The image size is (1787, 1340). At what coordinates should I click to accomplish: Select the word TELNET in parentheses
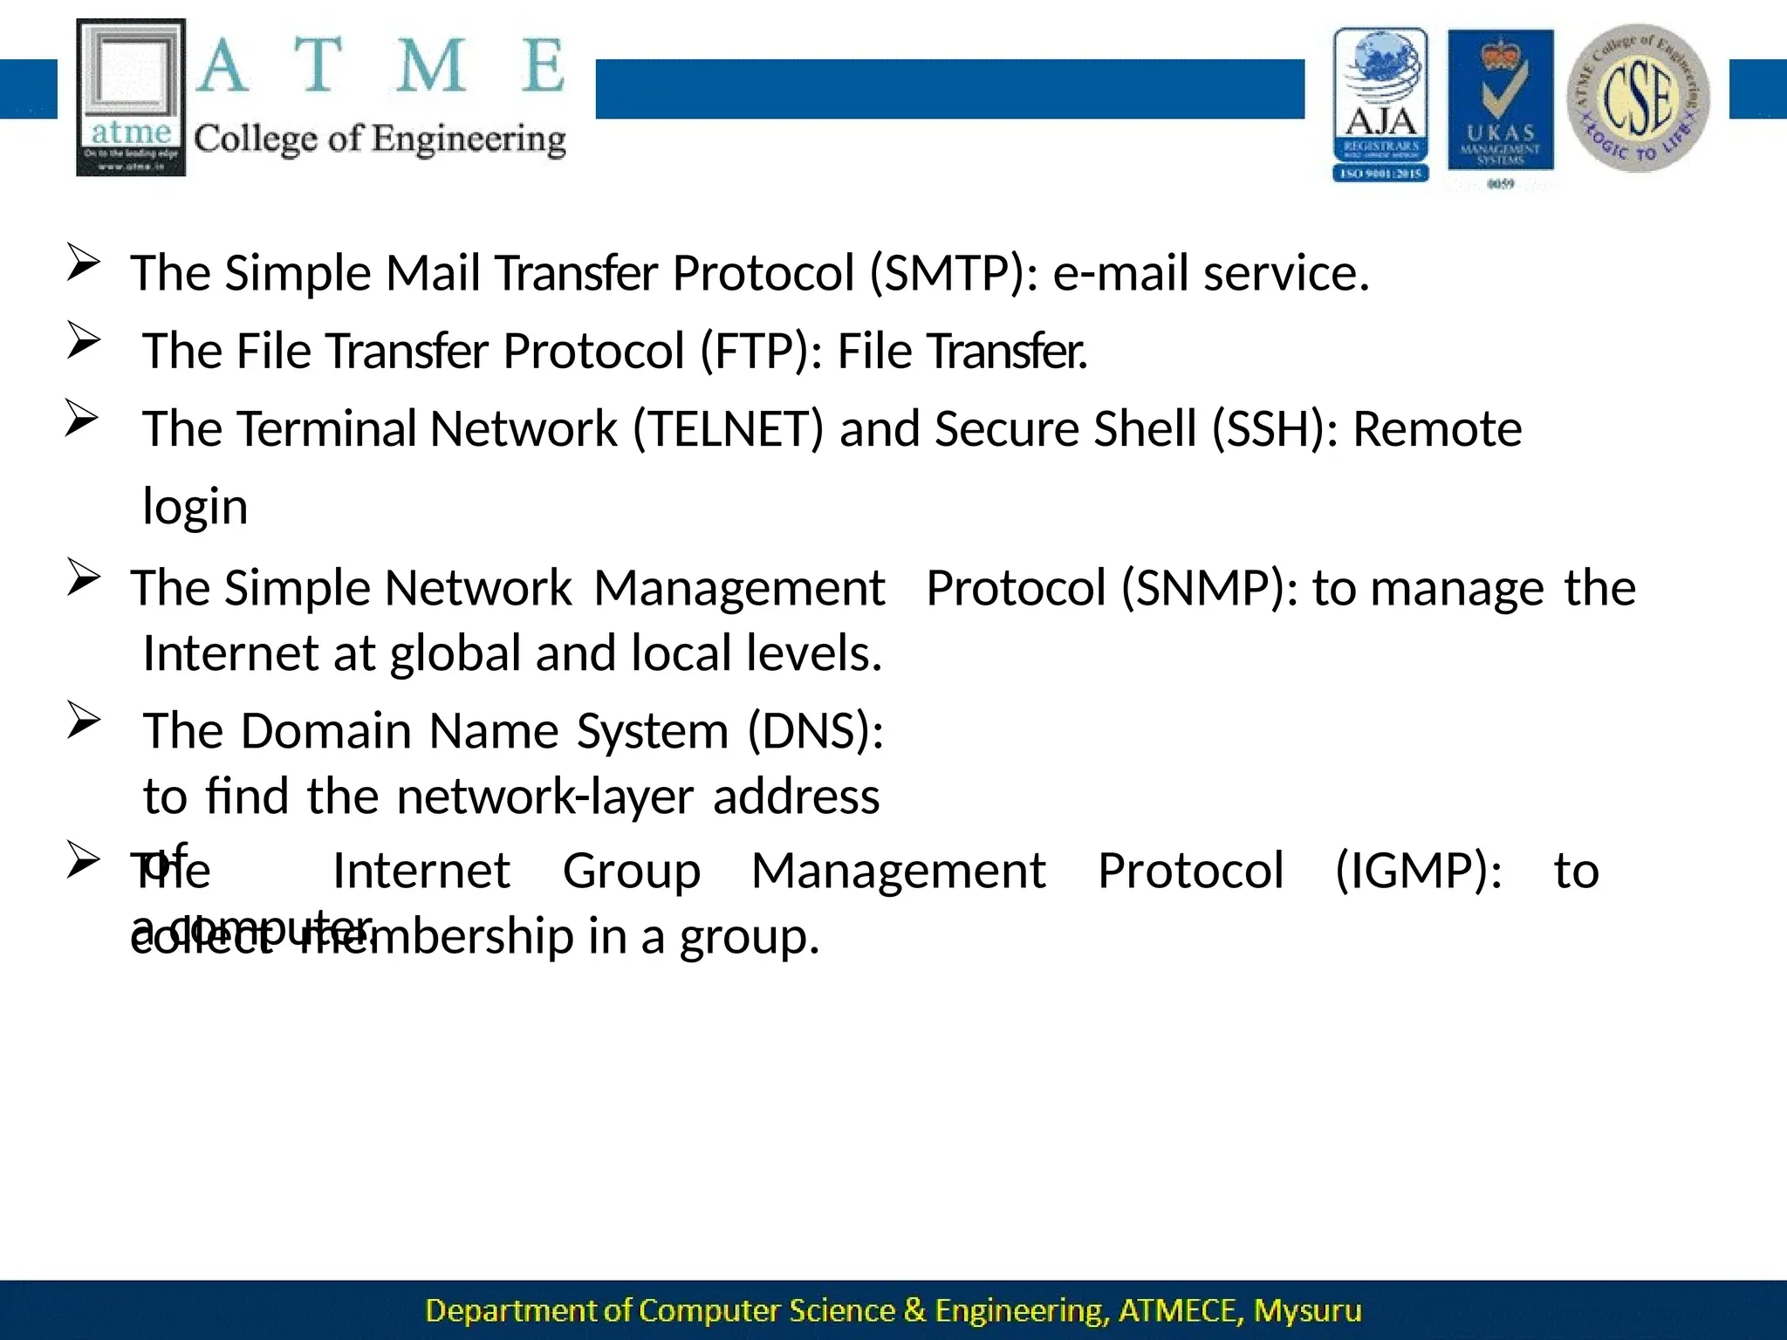tap(728, 428)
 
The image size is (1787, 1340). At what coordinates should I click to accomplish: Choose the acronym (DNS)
tap(816, 730)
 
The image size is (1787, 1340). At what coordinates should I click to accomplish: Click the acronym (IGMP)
tap(1418, 871)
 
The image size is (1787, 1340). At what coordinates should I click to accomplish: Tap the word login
tap(195, 507)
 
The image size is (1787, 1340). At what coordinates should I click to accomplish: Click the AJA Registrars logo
tap(1380, 105)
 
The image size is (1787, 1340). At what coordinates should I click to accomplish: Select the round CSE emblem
tap(1638, 98)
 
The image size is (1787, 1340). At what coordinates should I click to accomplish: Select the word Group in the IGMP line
tap(632, 871)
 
